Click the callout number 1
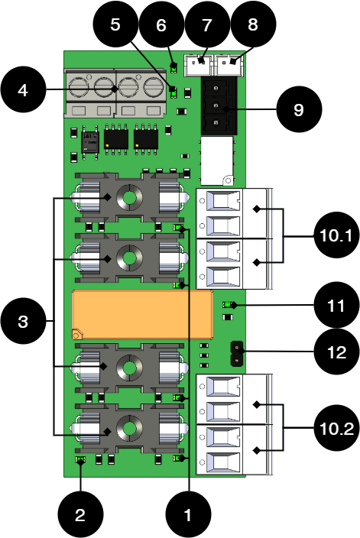point(188,515)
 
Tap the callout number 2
point(80,515)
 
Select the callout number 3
point(23,322)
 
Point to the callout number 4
point(23,90)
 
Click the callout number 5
point(115,24)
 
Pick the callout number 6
point(161,25)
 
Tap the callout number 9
point(299,110)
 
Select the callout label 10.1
point(336,235)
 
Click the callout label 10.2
point(336,429)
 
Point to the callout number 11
point(336,306)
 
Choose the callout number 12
point(336,352)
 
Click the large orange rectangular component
point(141,314)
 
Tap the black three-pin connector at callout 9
point(218,105)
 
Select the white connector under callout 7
point(199,65)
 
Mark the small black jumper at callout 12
point(236,353)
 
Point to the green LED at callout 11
point(227,305)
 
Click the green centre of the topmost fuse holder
point(130,198)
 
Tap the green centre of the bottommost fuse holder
point(130,429)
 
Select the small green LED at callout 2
point(81,460)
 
